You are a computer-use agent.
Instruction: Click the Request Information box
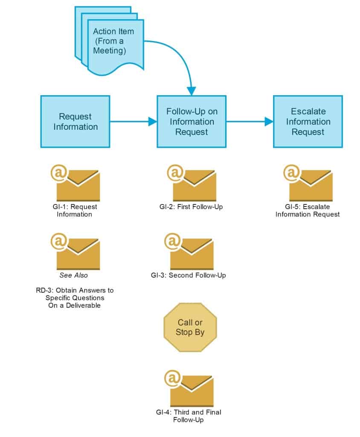click(75, 122)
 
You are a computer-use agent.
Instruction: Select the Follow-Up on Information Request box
click(192, 122)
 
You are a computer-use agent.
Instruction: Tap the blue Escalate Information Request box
click(308, 122)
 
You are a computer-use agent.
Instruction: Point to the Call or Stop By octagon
click(190, 327)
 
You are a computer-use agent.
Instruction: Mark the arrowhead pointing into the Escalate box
click(269, 122)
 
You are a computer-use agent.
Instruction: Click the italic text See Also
click(74, 275)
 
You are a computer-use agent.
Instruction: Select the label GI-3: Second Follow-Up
click(188, 275)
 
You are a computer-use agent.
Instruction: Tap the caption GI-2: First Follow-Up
click(189, 207)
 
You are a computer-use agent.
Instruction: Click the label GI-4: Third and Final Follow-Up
click(189, 416)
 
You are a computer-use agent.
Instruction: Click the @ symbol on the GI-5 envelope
click(292, 173)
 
